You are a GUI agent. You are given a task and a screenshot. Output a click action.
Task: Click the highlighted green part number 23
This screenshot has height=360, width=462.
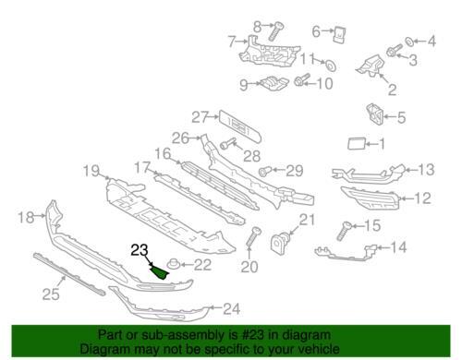pos(160,272)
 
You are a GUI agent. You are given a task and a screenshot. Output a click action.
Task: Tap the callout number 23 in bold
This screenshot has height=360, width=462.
pos(140,250)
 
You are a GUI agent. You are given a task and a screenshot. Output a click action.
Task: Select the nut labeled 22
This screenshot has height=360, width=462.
pos(173,264)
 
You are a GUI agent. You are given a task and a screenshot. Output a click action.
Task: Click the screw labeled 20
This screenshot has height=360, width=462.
pos(253,236)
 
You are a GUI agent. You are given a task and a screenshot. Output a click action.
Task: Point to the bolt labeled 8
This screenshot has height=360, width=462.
pos(275,31)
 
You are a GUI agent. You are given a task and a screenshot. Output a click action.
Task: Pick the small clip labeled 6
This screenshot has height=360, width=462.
pos(340,35)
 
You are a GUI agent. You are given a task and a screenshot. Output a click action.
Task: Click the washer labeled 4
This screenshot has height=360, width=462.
pos(409,42)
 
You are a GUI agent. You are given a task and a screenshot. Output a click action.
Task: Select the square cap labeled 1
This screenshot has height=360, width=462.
pos(356,144)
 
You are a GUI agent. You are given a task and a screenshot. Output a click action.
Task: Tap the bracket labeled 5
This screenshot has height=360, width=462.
pos(374,114)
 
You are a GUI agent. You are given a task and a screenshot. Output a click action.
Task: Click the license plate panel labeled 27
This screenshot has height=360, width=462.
pos(240,126)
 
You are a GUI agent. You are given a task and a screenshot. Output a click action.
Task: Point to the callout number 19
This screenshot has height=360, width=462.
pos(91,171)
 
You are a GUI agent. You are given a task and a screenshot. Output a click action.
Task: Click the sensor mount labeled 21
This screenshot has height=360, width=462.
pos(280,243)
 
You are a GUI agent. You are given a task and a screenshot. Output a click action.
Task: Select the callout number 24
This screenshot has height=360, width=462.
pos(231,308)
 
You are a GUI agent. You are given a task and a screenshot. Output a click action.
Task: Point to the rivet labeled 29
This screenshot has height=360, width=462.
pos(264,171)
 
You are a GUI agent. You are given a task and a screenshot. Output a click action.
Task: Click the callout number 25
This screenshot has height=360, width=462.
pos(51,294)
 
